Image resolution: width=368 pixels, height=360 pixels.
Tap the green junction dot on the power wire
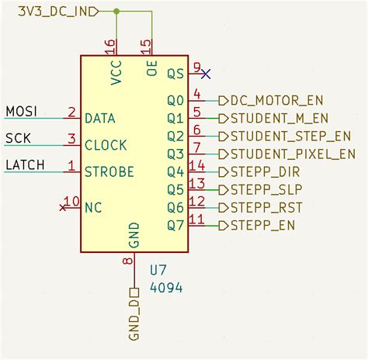116,12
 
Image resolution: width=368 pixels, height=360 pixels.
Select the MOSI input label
21,112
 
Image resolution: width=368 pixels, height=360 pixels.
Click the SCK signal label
19,138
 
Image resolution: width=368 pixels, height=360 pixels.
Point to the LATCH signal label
26,164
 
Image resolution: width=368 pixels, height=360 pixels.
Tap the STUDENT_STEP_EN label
285,137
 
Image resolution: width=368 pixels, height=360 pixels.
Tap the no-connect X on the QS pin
205,74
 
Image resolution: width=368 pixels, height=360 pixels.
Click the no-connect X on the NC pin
64,207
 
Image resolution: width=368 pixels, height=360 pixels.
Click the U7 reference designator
158,271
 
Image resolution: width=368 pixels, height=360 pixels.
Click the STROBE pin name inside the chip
109,171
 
